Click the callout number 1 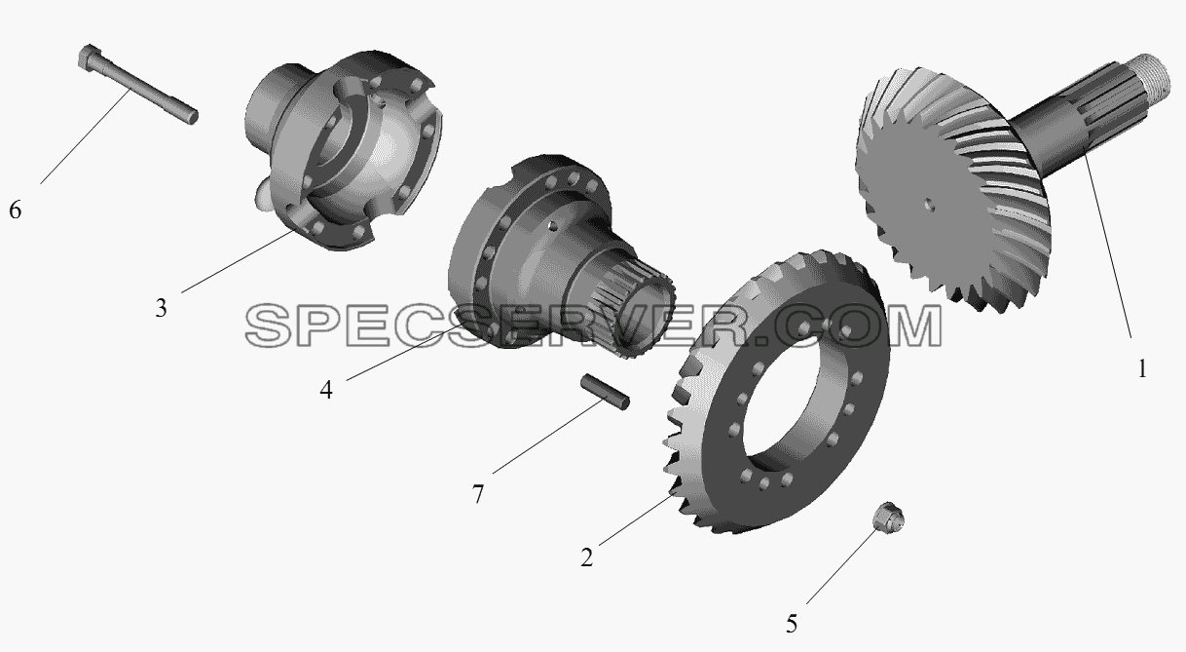(1142, 368)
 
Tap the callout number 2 (586, 557)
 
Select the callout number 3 (161, 308)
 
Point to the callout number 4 (326, 390)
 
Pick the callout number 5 (792, 624)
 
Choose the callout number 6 (16, 210)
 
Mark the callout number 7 (478, 494)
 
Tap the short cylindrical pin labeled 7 (606, 392)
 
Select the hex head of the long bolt (88, 57)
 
